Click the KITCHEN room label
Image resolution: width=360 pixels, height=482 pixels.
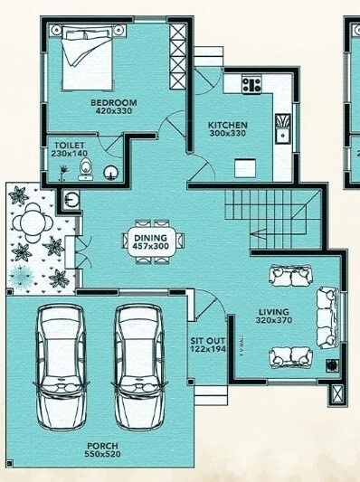(x=227, y=125)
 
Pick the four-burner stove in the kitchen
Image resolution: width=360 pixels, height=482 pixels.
(x=251, y=85)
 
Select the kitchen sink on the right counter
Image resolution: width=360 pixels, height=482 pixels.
(x=283, y=128)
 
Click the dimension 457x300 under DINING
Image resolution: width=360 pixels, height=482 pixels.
(x=151, y=245)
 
